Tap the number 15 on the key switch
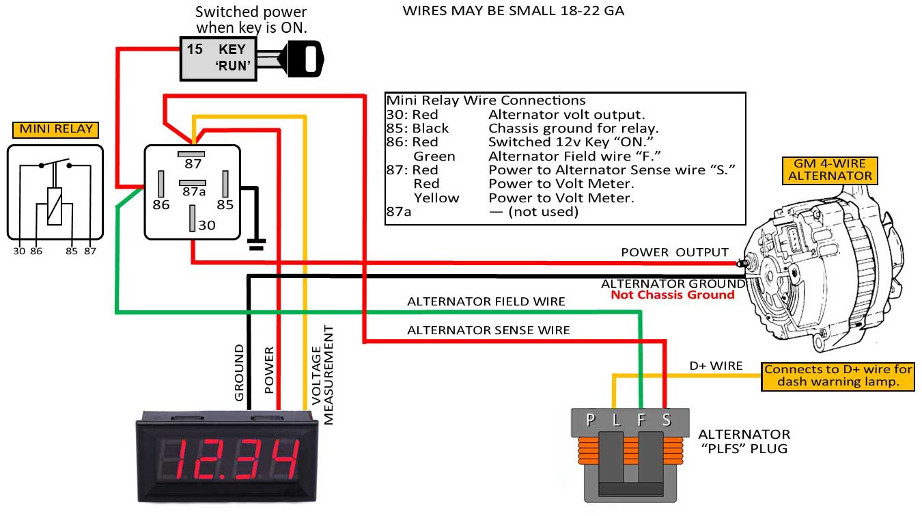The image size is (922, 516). point(195,50)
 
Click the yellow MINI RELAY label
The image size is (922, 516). point(55,129)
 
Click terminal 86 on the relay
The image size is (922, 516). point(161,184)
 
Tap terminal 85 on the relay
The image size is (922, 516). point(225,184)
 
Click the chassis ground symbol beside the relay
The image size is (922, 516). point(256,244)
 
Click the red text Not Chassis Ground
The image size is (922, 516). point(672,295)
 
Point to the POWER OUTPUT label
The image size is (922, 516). point(674,252)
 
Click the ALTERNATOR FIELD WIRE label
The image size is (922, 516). point(486,301)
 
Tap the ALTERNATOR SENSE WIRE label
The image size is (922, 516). point(488,330)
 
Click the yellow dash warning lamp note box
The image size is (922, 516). point(838,376)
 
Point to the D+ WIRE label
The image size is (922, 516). point(715,366)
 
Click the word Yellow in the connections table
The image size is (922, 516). point(436,198)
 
